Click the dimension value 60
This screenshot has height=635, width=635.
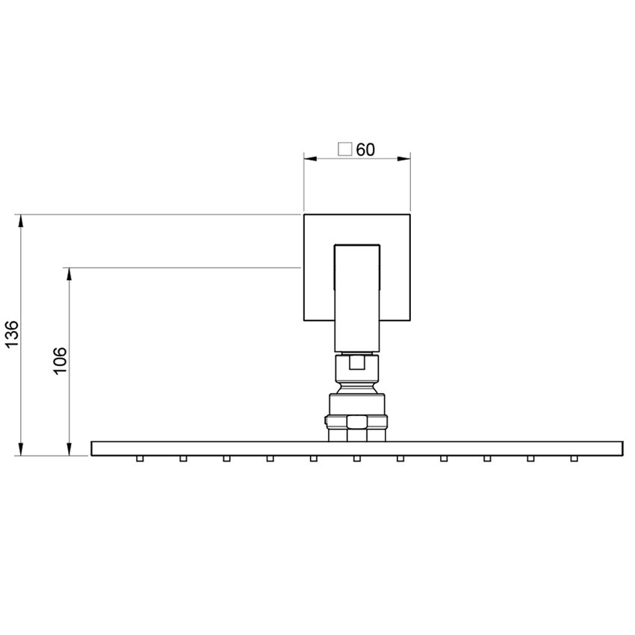coord(365,149)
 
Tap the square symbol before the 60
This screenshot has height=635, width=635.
coord(345,149)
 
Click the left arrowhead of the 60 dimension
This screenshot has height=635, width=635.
coord(309,158)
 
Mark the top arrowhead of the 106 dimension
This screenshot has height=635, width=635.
coord(70,273)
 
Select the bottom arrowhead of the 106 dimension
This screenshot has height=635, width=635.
coord(70,450)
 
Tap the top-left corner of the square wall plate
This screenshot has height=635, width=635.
coord(304,215)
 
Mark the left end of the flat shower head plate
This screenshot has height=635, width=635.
coord(93,448)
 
